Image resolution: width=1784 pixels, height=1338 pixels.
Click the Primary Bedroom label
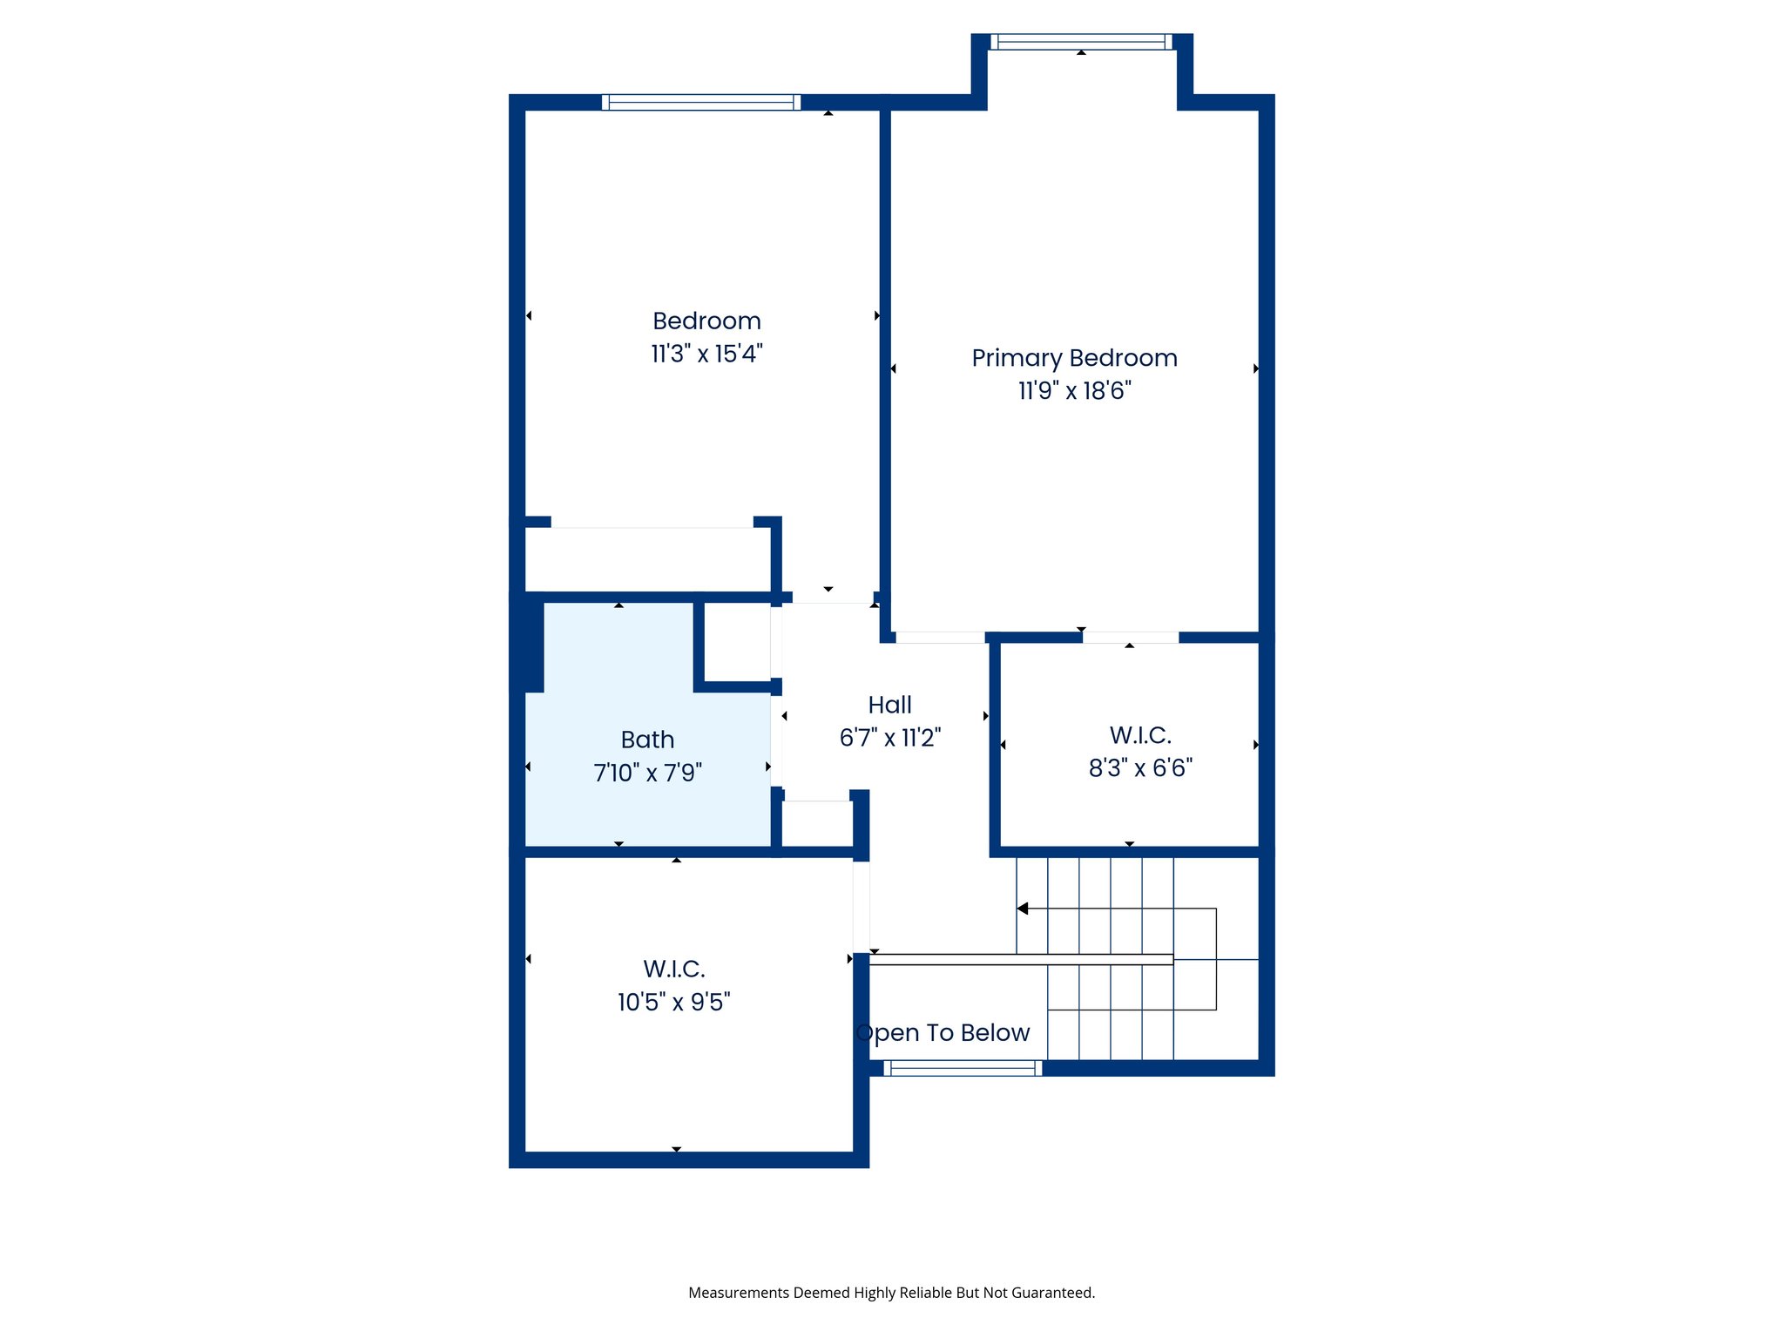click(1074, 358)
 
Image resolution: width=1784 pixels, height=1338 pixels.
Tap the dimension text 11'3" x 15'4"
click(706, 354)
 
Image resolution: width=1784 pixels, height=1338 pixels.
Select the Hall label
click(889, 705)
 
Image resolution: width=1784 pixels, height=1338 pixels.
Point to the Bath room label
click(647, 740)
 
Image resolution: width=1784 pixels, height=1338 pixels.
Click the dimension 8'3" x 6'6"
click(1140, 767)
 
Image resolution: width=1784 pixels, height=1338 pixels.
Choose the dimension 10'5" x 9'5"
click(673, 1002)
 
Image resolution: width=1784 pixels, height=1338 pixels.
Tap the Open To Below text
click(943, 1032)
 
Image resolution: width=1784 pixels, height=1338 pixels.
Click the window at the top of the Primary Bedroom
click(1081, 41)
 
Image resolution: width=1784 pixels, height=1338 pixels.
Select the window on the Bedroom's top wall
click(700, 102)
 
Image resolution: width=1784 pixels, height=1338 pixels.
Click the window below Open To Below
click(963, 1068)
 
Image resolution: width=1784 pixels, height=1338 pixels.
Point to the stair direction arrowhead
click(1024, 909)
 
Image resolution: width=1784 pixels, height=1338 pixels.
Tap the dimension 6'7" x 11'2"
click(889, 738)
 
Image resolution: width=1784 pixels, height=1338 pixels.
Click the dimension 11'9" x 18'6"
click(1074, 390)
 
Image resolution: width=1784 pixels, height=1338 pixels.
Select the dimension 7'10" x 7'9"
click(647, 773)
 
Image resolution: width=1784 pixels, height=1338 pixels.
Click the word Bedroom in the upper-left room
click(706, 321)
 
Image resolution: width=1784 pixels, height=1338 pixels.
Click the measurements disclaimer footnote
click(891, 1293)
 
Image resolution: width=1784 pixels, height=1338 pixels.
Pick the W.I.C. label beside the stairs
click(1140, 735)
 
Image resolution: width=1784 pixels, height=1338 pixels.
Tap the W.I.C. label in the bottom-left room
click(673, 969)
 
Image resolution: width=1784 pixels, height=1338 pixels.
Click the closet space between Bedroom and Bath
click(647, 559)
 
